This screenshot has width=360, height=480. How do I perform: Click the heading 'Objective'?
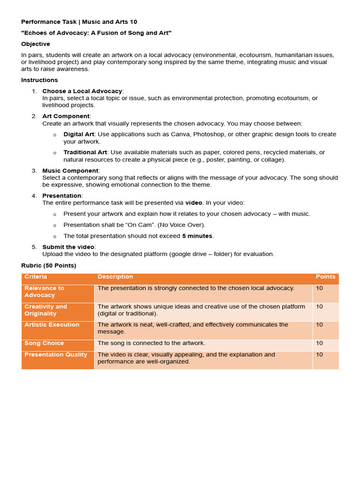[36, 44]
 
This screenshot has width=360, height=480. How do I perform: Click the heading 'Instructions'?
[39, 80]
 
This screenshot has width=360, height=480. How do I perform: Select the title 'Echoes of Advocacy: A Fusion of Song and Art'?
[97, 33]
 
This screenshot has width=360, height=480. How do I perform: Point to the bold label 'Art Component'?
[66, 116]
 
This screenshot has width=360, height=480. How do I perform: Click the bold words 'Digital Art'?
[79, 135]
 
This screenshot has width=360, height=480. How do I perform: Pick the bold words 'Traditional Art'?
[85, 152]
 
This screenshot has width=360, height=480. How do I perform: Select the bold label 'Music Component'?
[70, 171]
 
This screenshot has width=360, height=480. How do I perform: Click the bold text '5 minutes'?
[197, 236]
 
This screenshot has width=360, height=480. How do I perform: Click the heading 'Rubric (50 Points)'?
[49, 266]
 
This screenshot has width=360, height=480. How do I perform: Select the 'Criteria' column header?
[36, 277]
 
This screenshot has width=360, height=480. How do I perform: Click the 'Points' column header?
[325, 277]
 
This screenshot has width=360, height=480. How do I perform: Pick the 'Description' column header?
[115, 277]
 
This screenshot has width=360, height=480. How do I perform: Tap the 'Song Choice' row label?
[44, 344]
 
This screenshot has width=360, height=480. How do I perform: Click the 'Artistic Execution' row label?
[52, 325]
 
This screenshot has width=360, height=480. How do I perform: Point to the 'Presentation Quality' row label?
[56, 355]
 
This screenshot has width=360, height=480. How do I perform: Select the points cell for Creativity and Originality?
[320, 307]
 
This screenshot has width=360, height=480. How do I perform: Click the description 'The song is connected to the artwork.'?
[151, 344]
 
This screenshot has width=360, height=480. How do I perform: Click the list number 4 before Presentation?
[34, 196]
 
